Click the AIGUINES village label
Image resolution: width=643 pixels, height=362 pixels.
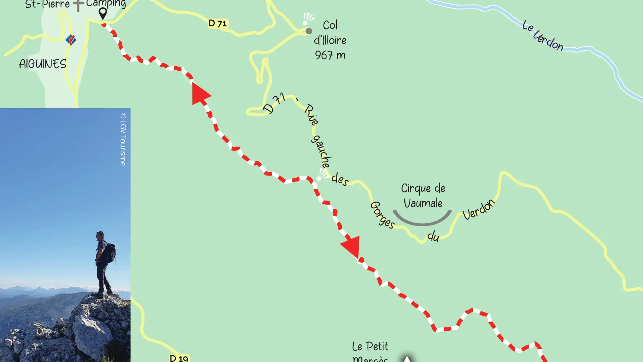(x=43, y=64)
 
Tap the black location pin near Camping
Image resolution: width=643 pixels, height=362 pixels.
(x=103, y=13)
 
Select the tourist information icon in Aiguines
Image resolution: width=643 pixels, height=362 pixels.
(x=71, y=39)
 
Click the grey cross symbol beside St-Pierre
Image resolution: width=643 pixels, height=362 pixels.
(x=78, y=5)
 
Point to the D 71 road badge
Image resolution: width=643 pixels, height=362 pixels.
(x=218, y=24)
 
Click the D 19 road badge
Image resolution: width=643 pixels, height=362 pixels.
(x=179, y=358)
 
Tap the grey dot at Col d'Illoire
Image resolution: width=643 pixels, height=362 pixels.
(x=309, y=31)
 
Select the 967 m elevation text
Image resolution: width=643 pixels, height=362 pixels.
(x=330, y=55)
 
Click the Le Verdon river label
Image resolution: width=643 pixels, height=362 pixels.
(x=543, y=36)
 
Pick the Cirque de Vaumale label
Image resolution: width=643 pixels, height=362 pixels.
(x=423, y=195)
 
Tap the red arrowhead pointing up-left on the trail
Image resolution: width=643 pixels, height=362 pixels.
(x=200, y=94)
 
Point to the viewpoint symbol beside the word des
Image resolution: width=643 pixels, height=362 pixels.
(x=322, y=175)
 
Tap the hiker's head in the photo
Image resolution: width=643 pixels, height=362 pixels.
(x=99, y=235)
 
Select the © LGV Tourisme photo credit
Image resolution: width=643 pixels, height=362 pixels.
(x=123, y=139)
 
